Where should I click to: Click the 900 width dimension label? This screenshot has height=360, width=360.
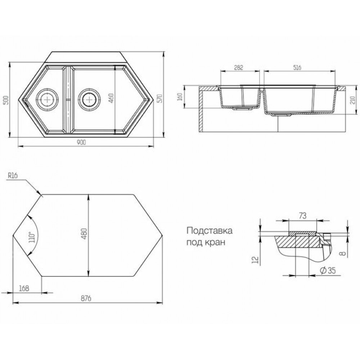click(x=81, y=142)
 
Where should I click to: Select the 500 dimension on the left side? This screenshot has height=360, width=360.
click(x=6, y=100)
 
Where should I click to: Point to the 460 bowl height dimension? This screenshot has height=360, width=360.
click(x=111, y=98)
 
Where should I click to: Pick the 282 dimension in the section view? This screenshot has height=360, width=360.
click(x=239, y=68)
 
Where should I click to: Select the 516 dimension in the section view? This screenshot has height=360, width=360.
click(x=297, y=68)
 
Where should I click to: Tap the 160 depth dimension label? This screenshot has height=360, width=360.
click(x=180, y=96)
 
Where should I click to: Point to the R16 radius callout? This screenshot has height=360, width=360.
click(x=13, y=176)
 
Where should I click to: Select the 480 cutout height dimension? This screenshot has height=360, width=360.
click(x=85, y=234)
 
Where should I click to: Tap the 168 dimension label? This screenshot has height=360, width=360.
click(x=24, y=288)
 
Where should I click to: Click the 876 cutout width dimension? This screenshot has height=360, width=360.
click(x=86, y=298)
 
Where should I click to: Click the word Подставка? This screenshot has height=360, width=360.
click(x=210, y=230)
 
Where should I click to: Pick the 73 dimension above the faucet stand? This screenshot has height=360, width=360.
click(x=303, y=216)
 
